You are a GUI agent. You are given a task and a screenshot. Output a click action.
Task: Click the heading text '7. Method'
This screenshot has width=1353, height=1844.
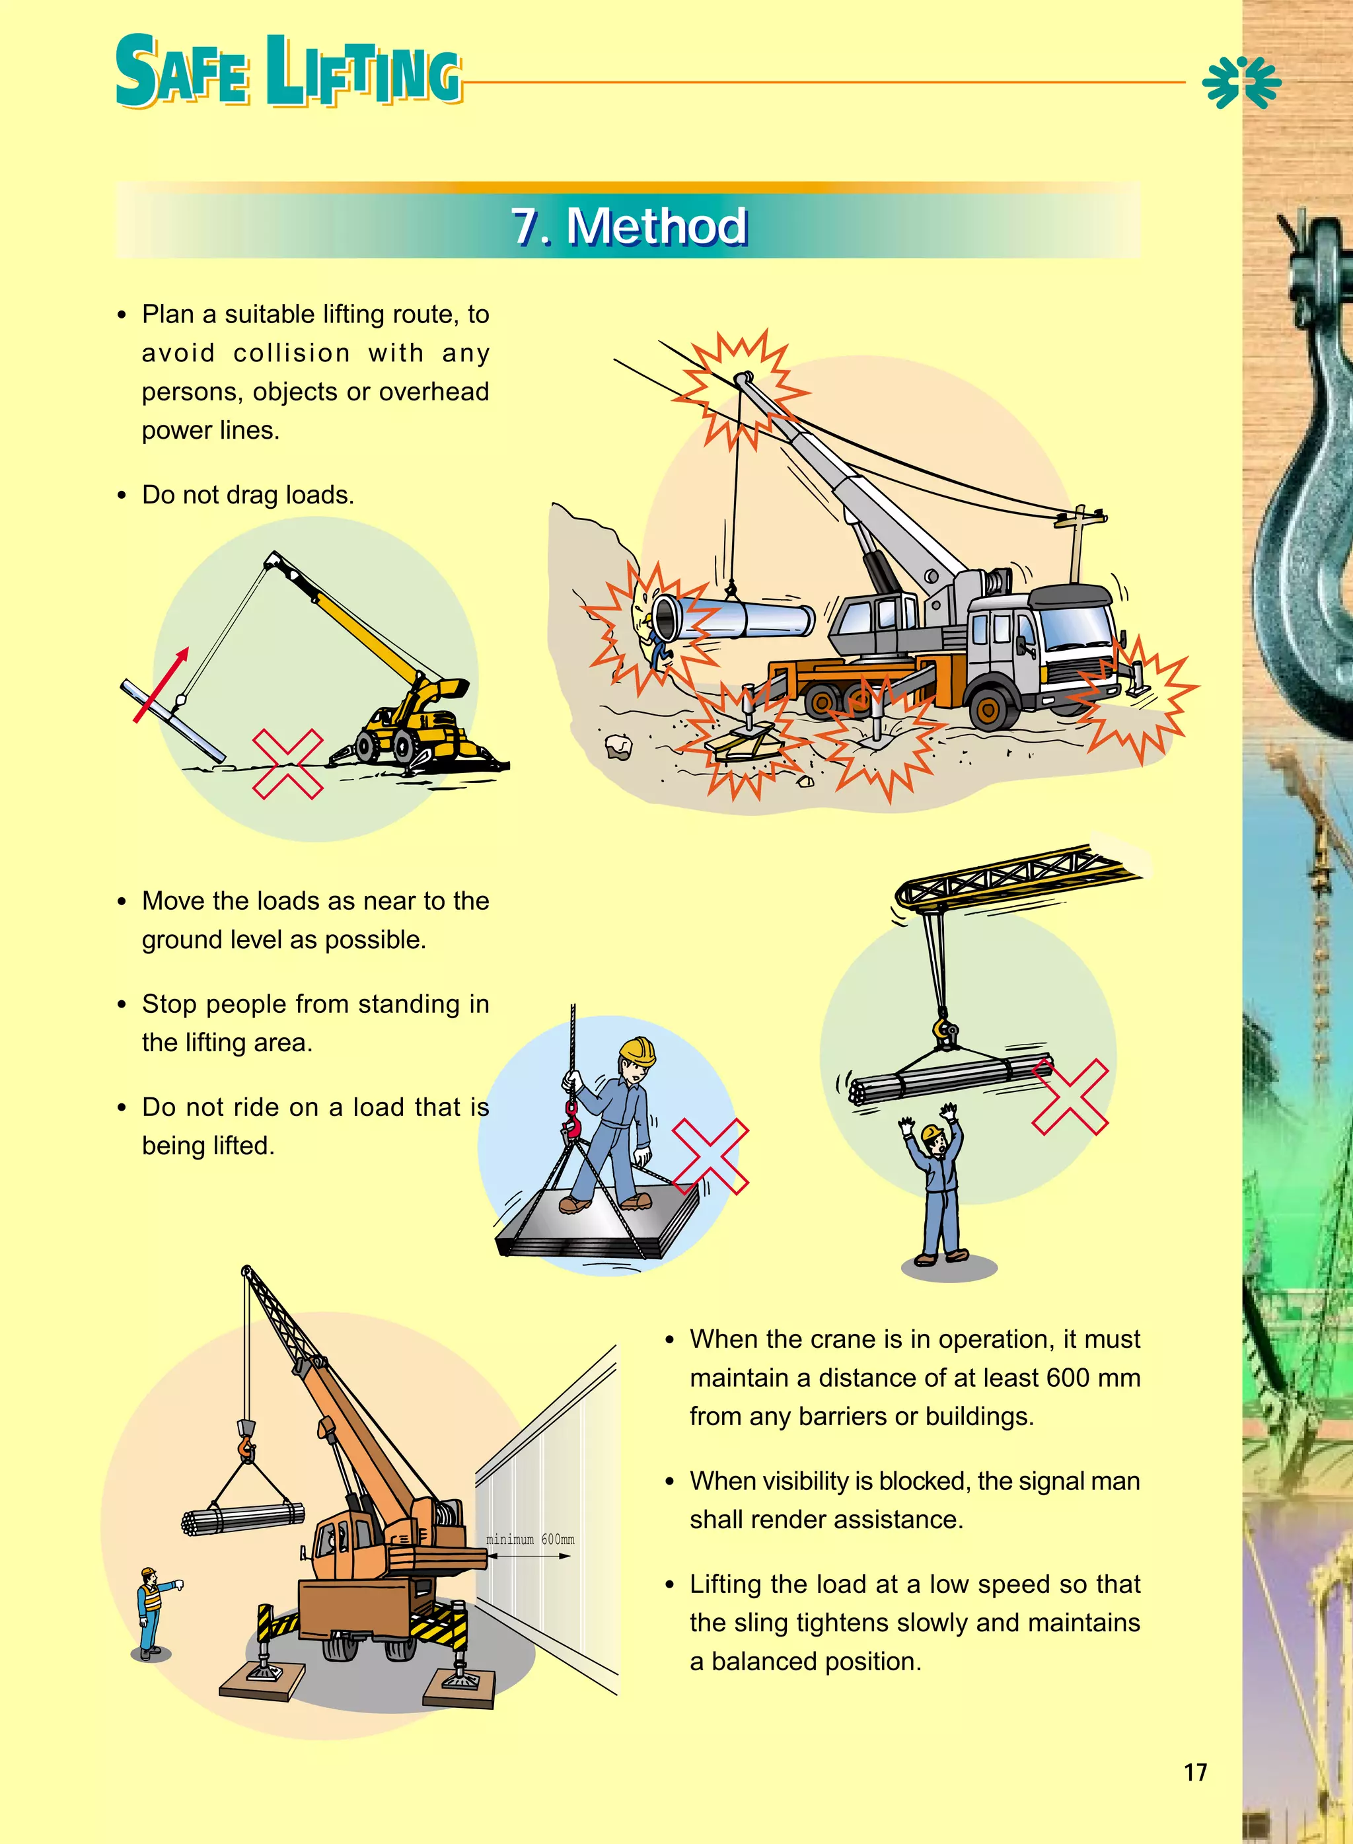click(x=629, y=226)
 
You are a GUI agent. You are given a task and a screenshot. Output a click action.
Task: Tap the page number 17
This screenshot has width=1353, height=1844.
click(x=1195, y=1772)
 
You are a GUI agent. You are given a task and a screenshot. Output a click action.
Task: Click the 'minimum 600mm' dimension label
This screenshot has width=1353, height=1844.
click(x=530, y=1539)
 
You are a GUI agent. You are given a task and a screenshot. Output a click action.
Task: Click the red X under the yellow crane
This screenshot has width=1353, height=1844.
click(x=287, y=763)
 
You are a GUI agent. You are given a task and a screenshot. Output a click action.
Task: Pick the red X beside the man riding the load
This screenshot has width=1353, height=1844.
click(x=710, y=1156)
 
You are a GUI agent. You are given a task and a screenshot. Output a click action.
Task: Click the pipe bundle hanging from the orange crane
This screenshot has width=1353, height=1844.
click(x=242, y=1518)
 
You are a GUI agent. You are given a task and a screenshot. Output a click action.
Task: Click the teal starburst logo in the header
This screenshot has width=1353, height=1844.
click(x=1241, y=82)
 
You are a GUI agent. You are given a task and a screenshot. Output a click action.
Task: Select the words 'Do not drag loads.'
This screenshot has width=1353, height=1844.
click(x=247, y=496)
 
